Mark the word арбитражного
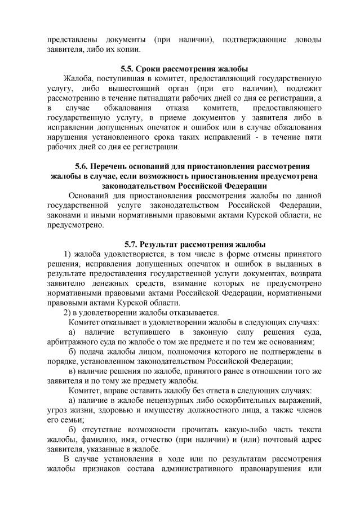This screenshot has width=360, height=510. [x=73, y=342]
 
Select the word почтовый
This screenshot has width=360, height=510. [x=277, y=440]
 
